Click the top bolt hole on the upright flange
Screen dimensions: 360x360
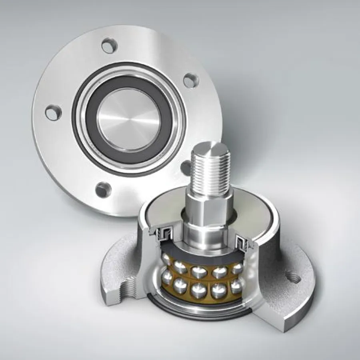108,45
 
